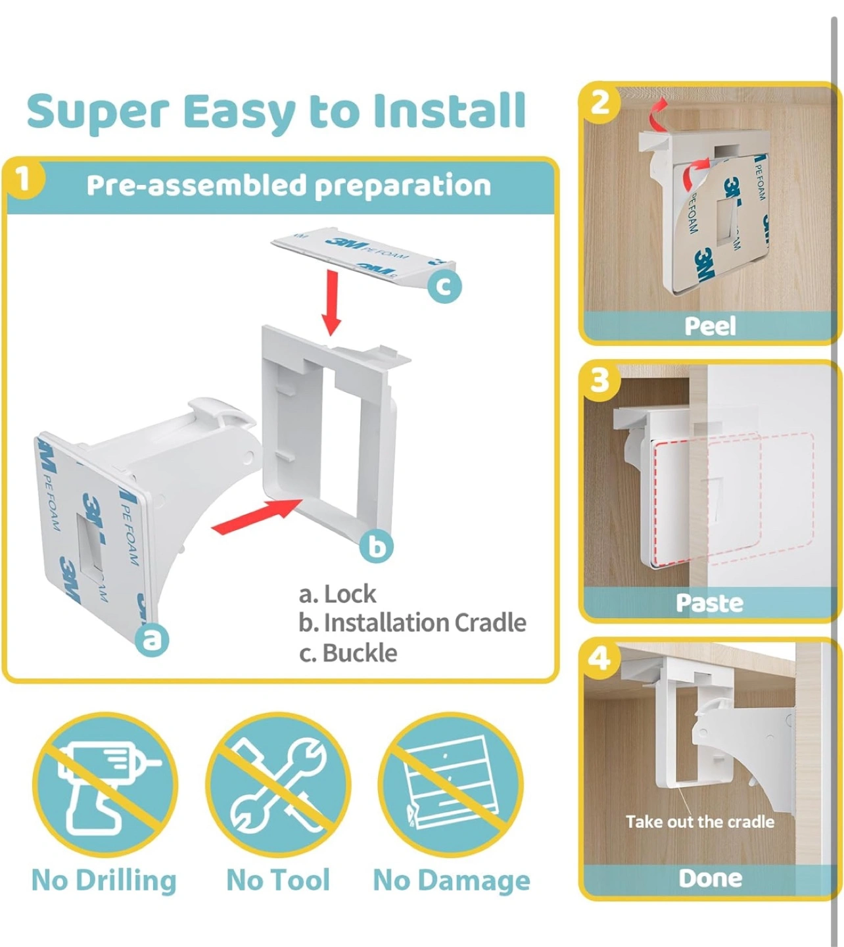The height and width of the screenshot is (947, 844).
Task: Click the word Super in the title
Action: [x=98, y=112]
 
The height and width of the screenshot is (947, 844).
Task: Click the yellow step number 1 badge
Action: [x=24, y=180]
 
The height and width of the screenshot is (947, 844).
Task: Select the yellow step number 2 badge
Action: [x=599, y=103]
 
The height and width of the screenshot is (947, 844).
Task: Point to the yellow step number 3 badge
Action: [x=600, y=380]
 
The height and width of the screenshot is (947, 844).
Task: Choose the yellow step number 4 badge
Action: [x=600, y=658]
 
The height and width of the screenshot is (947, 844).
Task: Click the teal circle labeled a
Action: [x=152, y=639]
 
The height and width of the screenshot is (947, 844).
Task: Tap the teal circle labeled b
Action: [x=377, y=546]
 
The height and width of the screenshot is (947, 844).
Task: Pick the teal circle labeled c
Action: [x=444, y=286]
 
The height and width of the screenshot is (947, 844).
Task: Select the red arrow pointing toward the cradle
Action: [x=257, y=516]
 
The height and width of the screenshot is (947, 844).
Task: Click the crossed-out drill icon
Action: [x=105, y=785]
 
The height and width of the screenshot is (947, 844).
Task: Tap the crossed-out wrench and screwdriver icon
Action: [x=279, y=785]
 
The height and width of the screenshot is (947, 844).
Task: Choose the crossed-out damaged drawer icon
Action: [x=450, y=785]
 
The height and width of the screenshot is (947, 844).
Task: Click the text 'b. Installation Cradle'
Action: [x=413, y=623]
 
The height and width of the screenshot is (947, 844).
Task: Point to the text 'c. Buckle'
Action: [x=348, y=653]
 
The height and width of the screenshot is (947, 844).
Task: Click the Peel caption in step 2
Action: [x=710, y=326]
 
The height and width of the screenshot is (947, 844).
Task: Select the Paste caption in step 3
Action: [x=709, y=603]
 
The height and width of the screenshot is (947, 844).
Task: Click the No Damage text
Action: [x=452, y=881]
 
